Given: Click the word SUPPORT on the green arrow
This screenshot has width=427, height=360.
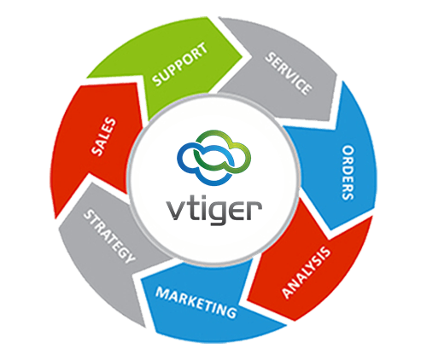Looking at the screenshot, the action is click(180, 64).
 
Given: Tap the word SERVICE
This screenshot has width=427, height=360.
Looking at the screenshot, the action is click(288, 73).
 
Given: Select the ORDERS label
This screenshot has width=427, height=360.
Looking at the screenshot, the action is click(348, 172).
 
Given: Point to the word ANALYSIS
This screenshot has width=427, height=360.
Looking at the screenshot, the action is click(307, 273).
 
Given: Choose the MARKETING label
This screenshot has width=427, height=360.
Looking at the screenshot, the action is click(196, 302).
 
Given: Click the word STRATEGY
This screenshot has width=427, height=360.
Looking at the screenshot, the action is click(109, 236).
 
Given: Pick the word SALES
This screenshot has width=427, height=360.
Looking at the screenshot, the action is click(104, 136).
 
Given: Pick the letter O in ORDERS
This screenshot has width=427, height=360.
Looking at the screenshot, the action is click(348, 151).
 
